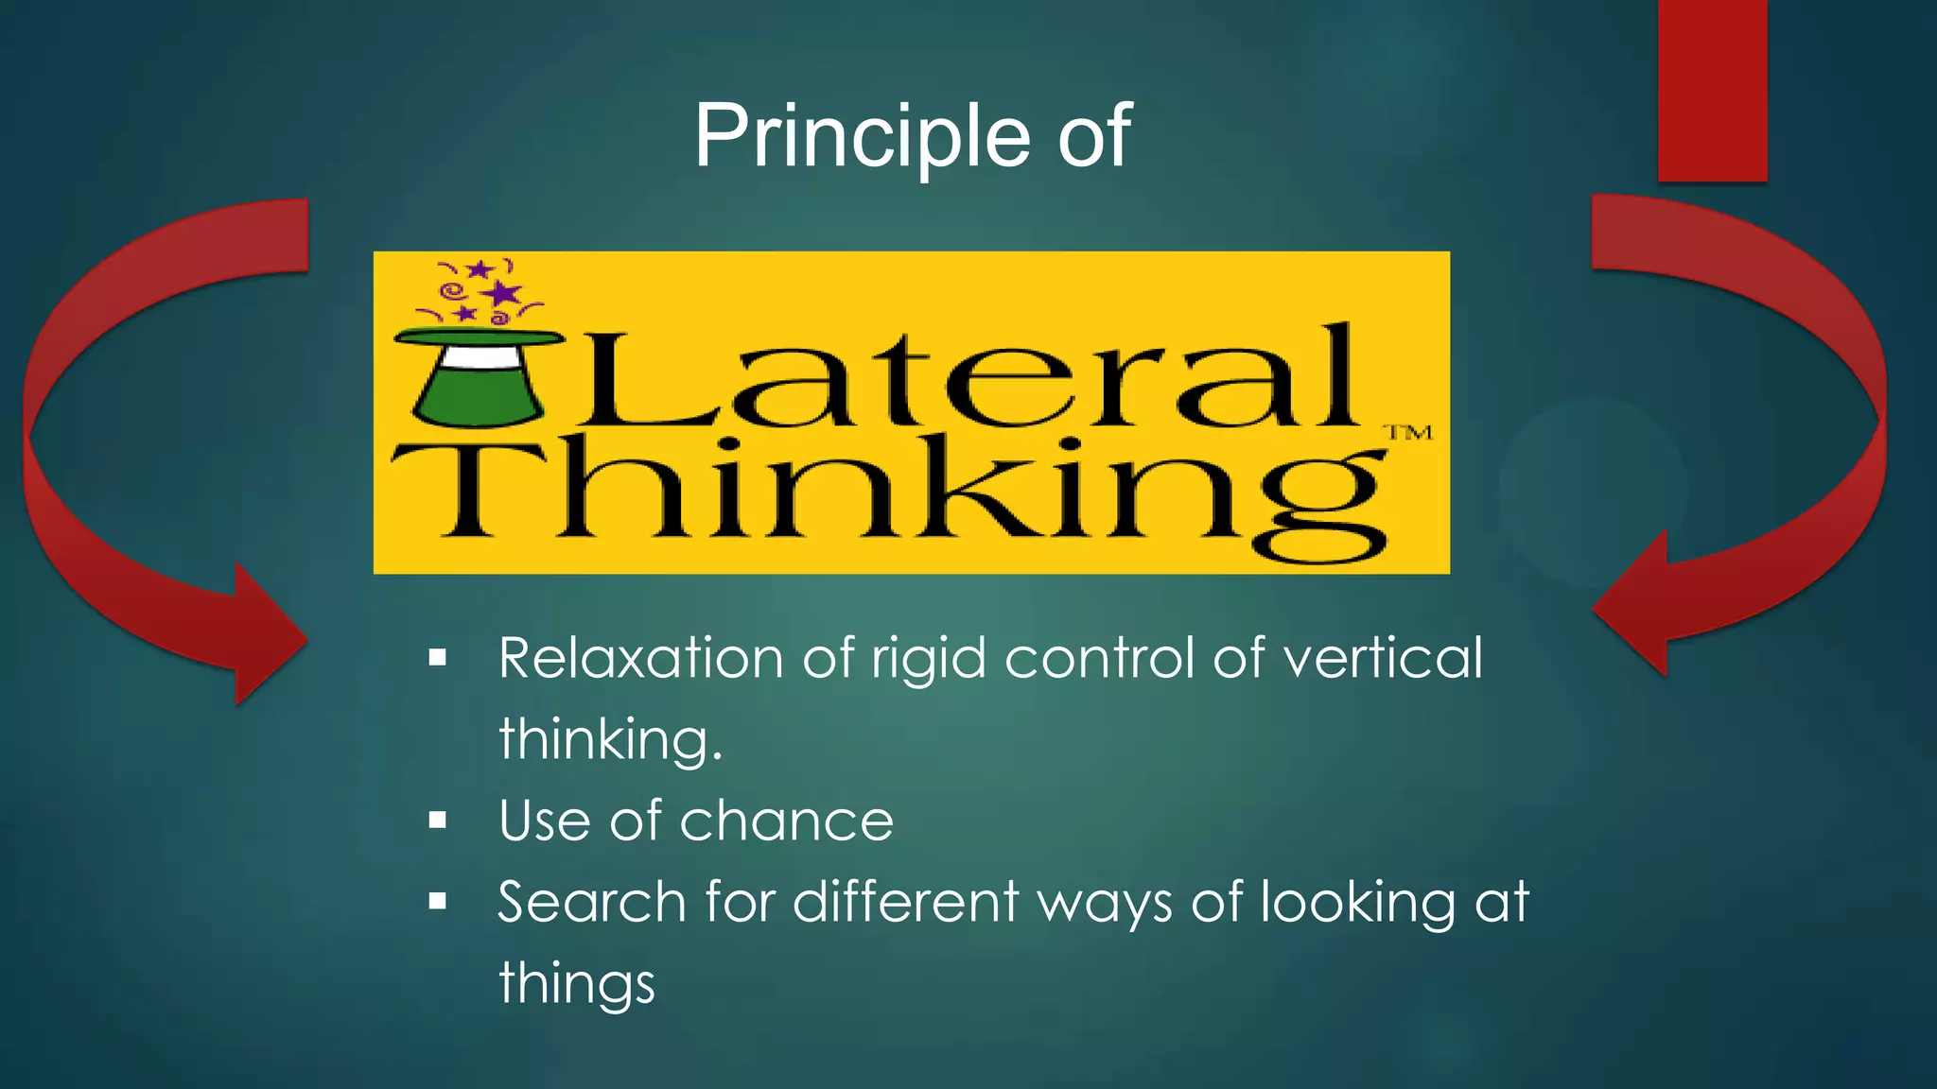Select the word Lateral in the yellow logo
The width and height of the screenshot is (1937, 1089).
tap(965, 378)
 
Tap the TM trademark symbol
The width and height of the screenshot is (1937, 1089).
tap(1408, 433)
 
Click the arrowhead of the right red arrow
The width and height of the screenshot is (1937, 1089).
tap(1636, 606)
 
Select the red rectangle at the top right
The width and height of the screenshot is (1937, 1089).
tap(1712, 90)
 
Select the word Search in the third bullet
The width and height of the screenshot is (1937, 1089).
tap(591, 902)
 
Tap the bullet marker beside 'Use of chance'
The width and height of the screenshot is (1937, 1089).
tap(437, 821)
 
